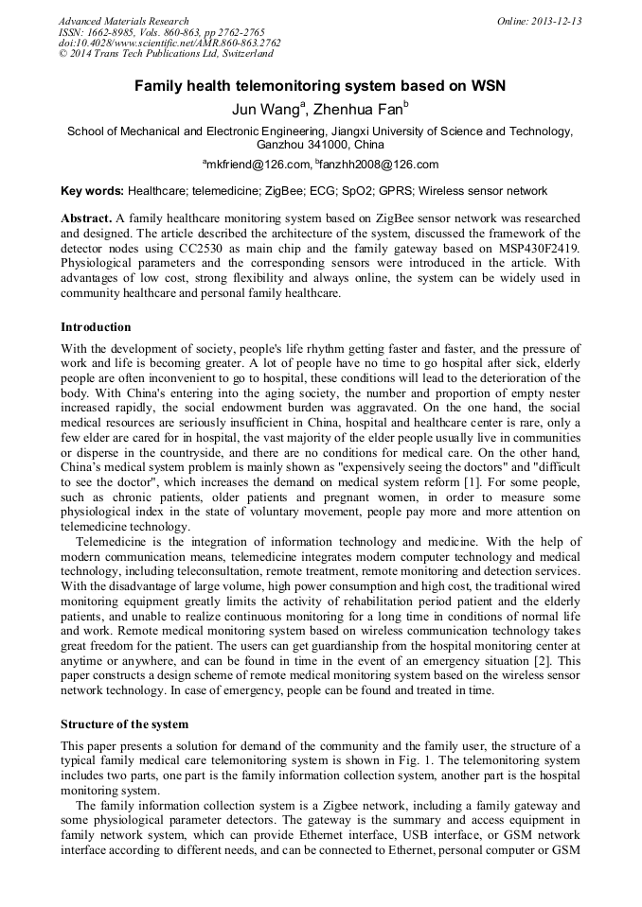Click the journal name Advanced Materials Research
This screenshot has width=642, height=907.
(123, 21)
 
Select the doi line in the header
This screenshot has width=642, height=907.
(169, 43)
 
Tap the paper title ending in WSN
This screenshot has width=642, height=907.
(320, 86)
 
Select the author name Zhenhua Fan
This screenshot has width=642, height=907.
(361, 110)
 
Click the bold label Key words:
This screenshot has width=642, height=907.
(92, 191)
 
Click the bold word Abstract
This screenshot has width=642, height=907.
(87, 218)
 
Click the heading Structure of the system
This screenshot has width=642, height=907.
(124, 724)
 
